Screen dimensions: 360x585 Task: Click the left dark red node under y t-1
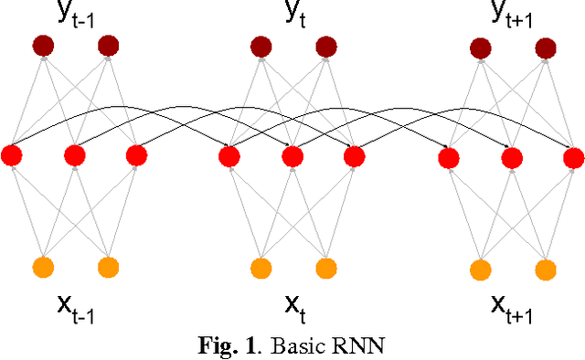[x=42, y=45]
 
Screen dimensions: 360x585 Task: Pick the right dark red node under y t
[x=325, y=46]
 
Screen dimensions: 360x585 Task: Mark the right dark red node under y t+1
[x=545, y=47]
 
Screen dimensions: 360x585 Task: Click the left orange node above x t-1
[x=43, y=267]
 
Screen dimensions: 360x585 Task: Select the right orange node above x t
[x=326, y=268]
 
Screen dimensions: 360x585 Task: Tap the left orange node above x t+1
[x=479, y=269]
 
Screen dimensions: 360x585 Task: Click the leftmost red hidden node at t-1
[x=12, y=155]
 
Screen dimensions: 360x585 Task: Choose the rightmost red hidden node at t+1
[x=573, y=158]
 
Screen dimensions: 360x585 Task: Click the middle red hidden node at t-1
[x=75, y=156]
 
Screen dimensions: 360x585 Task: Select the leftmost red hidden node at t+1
[x=448, y=158]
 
